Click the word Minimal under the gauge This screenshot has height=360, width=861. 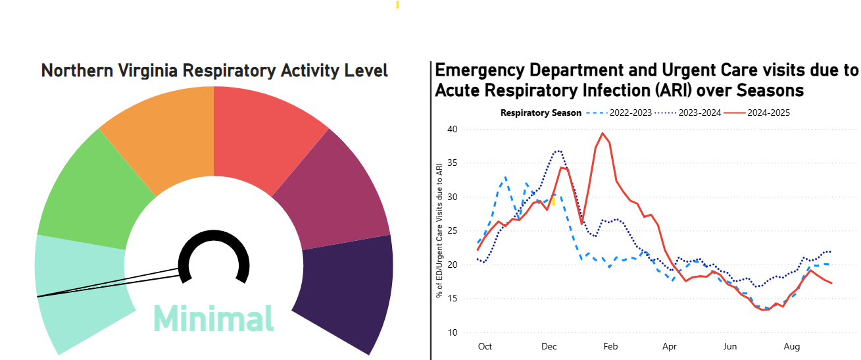coord(214,319)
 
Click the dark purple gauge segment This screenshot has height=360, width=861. coord(349,290)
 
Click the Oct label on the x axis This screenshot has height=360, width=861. coord(485,346)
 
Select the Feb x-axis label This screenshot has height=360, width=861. coord(610,346)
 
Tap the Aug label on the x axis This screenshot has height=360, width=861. coord(792,346)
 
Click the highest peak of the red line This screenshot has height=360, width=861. coord(603,133)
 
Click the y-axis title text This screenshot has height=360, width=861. coord(439,230)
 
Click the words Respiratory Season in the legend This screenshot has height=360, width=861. coord(541,113)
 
